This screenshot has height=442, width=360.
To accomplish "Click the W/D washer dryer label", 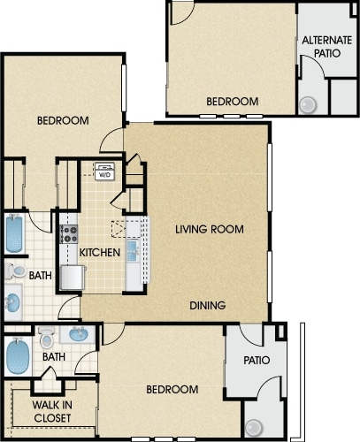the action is tap(104, 175).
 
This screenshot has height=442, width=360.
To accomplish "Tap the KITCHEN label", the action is tap(100, 253).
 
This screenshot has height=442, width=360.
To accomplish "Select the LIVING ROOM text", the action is tap(210, 229).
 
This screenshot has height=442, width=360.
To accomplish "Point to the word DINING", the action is tap(208, 305).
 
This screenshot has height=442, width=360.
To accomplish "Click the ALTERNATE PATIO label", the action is tap(327, 47).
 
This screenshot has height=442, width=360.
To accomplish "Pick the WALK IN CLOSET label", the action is tap(52, 411).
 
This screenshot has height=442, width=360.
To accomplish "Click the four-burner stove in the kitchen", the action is tap(69, 234).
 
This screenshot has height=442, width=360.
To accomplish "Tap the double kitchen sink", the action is tap(133, 251).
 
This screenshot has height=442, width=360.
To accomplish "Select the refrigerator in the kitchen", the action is tap(73, 278).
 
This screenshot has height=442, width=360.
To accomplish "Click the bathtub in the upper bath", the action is tap(14, 233).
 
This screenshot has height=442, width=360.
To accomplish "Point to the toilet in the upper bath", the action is tap(15, 271).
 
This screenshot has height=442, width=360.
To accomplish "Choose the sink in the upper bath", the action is tap(13, 302).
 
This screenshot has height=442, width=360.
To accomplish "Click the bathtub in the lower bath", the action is tap(18, 356).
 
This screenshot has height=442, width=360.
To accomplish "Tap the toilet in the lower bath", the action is tap(47, 337).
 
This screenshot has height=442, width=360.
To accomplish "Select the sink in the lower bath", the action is tap(79, 334).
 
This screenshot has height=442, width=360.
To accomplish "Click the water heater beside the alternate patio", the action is tap(308, 104).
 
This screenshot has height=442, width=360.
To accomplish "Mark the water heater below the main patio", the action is tap(254, 428).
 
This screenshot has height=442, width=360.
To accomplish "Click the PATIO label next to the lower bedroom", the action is tap(257, 360).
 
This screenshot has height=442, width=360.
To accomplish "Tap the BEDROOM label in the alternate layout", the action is tap(233, 102).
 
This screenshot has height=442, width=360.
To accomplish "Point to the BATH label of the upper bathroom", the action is tap(41, 276).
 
